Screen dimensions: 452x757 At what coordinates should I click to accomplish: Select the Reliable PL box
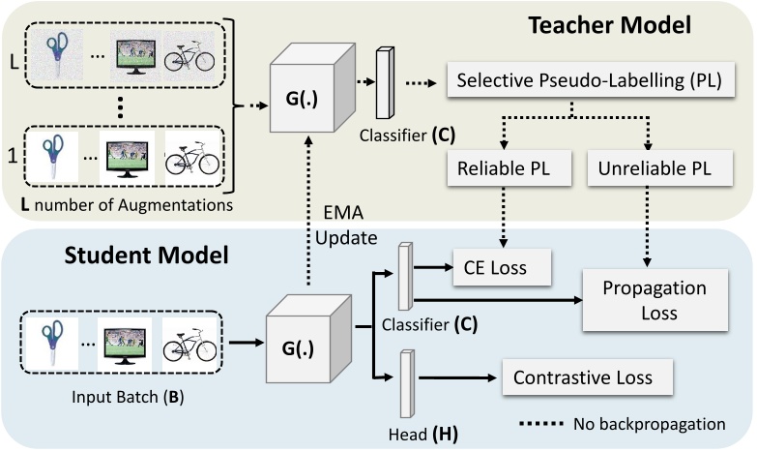click(x=499, y=167)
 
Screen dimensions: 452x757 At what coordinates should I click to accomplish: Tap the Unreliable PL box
click(x=649, y=167)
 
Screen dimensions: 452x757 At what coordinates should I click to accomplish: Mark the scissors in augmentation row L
click(x=55, y=56)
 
